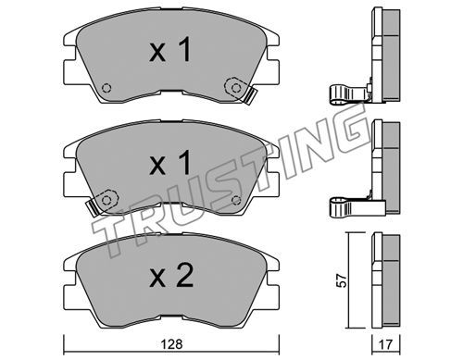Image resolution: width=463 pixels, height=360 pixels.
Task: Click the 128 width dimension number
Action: pos(171,344)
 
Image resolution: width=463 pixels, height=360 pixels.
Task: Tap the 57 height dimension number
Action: pos(342,280)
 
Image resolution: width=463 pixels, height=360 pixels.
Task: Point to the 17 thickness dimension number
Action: pos(385,344)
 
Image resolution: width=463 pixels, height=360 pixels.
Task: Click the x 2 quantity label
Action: pos(171,276)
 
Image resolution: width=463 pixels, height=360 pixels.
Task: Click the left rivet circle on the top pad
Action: pos(106,88)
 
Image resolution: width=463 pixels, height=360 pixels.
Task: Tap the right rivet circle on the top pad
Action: pos(236,88)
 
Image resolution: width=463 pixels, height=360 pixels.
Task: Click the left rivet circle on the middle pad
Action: pos(106,201)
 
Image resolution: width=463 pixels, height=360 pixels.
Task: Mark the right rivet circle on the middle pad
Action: pos(236,201)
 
